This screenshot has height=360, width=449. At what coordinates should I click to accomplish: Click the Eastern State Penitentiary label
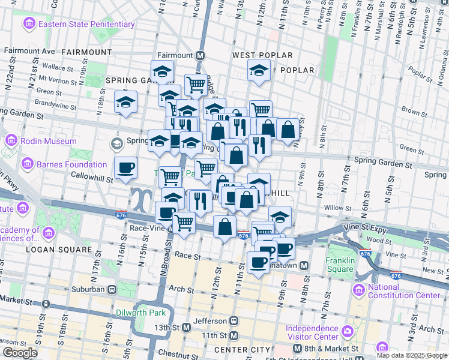pos(86,24)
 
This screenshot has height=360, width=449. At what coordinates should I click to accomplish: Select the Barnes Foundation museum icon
pos(27,164)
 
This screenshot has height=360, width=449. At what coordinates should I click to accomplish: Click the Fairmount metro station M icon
pos(200,55)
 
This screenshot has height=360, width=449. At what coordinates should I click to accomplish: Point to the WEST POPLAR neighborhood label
pos(262,55)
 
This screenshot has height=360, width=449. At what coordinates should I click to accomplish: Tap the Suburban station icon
pos(112,289)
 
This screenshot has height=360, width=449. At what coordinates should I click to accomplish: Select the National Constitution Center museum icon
pos(359,291)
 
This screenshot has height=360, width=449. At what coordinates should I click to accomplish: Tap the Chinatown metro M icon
pos(304,266)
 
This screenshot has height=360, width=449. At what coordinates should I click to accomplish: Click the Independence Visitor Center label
pos(312,332)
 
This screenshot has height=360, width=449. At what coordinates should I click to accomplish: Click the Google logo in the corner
pos(20,353)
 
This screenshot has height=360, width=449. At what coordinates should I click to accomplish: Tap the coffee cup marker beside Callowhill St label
pos(125,169)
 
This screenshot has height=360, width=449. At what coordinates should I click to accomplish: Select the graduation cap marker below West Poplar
pos(259,72)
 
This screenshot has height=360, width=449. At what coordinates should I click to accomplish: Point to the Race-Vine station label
pos(146,228)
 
